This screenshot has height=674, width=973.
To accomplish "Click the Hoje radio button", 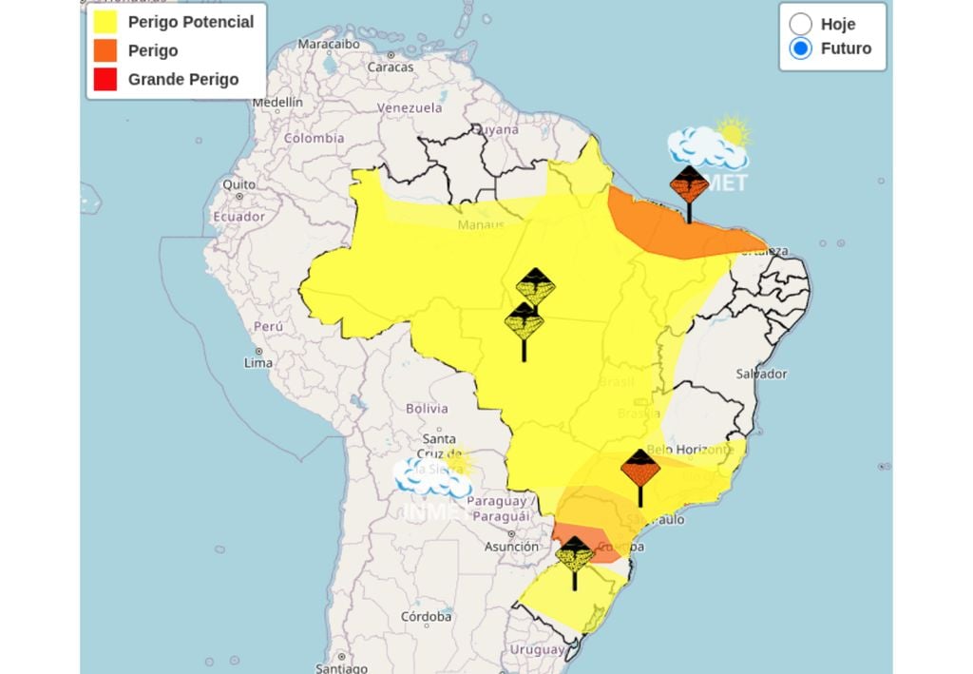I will click(x=801, y=24).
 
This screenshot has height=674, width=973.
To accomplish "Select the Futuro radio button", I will click(x=801, y=48).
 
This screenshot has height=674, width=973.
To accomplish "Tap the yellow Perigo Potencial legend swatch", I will click(x=105, y=22).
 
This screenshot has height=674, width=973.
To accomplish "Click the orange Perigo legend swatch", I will click(x=105, y=50).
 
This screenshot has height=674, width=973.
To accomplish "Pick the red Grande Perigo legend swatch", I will click(x=105, y=80).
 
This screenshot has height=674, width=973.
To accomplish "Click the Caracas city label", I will click(x=391, y=67).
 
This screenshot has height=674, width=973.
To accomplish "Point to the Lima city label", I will click(x=258, y=363).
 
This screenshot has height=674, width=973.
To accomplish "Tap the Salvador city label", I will click(x=761, y=374).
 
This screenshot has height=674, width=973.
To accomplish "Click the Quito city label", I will click(x=238, y=184).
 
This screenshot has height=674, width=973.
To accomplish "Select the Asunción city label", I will click(x=511, y=547).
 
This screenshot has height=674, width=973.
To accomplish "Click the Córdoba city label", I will click(x=426, y=617).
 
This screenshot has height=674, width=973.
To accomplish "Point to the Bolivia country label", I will click(x=427, y=409).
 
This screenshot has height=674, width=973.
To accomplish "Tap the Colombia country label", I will click(x=314, y=138).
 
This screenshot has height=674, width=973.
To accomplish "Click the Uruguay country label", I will click(x=537, y=649).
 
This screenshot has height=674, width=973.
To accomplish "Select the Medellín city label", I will click(x=277, y=102).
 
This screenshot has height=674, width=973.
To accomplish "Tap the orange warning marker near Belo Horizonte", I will click(x=639, y=468).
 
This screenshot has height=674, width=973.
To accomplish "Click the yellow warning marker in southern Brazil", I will click(x=574, y=553).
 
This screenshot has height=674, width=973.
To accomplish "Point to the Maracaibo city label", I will click(x=329, y=44).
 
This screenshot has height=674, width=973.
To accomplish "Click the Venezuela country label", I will click(x=410, y=107).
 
